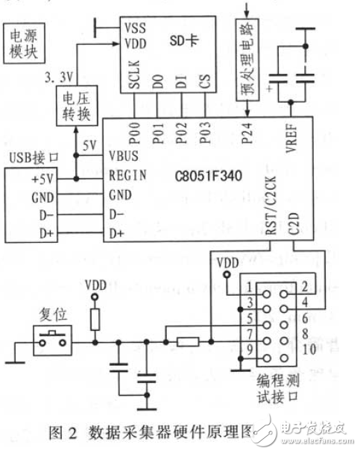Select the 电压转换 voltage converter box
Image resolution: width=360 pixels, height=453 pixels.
72,103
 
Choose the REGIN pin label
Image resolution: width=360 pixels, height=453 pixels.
127,177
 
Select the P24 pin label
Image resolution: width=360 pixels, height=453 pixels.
248,134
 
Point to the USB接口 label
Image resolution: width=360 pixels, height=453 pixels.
31,158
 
